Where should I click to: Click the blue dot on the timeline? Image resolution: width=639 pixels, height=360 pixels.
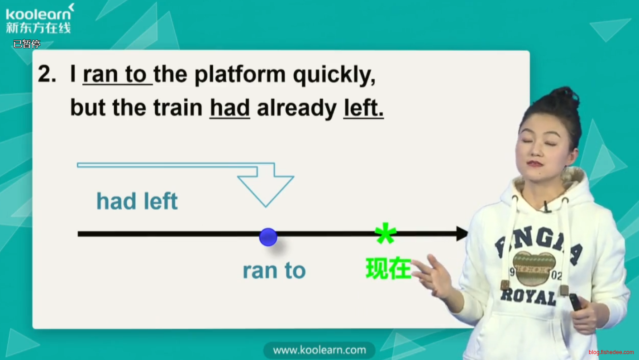pyautogui.click(x=268, y=237)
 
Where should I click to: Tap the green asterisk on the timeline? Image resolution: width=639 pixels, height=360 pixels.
pyautogui.click(x=386, y=233)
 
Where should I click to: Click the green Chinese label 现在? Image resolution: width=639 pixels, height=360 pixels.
pyautogui.click(x=389, y=268)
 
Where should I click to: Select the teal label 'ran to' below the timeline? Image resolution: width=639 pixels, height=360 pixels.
pyautogui.click(x=274, y=270)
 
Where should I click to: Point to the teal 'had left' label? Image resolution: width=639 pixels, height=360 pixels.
pyautogui.click(x=137, y=201)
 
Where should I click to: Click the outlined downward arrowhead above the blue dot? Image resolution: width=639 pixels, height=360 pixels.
pyautogui.click(x=266, y=190)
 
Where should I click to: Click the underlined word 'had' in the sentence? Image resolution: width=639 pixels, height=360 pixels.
pyautogui.click(x=230, y=108)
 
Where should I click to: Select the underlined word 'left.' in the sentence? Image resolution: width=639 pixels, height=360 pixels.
pyautogui.click(x=363, y=108)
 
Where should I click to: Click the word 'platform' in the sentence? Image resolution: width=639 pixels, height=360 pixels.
pyautogui.click(x=240, y=75)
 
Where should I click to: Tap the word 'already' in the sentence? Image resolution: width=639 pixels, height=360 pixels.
pyautogui.click(x=297, y=109)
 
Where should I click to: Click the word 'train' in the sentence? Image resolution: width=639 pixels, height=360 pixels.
pyautogui.click(x=178, y=108)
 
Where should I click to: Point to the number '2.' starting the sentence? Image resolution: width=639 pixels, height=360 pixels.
pyautogui.click(x=47, y=74)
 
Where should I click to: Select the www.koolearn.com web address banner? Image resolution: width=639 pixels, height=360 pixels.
pyautogui.click(x=319, y=350)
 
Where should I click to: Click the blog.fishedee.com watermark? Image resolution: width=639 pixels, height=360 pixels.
pyautogui.click(x=611, y=352)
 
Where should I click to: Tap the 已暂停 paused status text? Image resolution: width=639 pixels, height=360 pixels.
pyautogui.click(x=27, y=44)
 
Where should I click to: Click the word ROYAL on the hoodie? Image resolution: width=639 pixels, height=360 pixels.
pyautogui.click(x=529, y=297)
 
